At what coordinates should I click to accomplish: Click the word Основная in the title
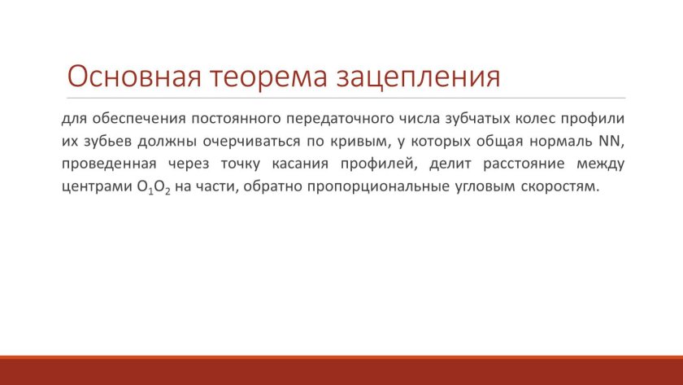coord(134,77)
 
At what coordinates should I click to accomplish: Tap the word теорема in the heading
coord(268,77)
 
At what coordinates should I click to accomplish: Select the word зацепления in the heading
coord(419,77)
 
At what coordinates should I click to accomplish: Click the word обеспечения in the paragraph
coord(139,119)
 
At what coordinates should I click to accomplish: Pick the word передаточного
coord(340,119)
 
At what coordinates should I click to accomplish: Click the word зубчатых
coord(477,119)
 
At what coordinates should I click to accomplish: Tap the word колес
coord(535,119)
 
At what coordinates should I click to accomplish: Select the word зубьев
coord(107,142)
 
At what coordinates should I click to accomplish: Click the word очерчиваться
coord(251,142)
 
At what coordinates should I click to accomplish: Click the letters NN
coord(609,141)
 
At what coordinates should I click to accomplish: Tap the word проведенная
coord(109,164)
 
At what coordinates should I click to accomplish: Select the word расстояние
coord(524,164)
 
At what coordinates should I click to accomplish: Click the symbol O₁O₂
coord(154,187)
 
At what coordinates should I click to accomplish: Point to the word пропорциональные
coord(379,186)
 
